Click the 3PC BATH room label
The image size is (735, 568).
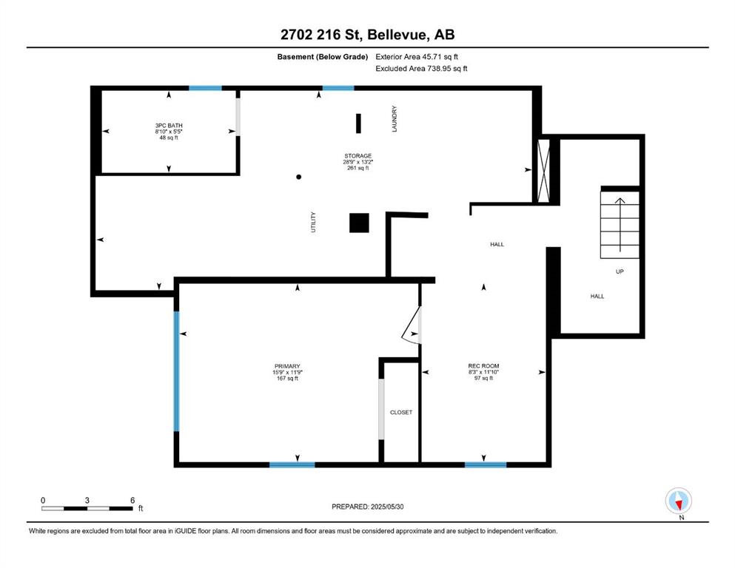point(169,126)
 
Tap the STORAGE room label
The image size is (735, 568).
point(358,156)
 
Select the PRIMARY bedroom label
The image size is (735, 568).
point(287,366)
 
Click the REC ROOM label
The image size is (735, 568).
point(483,365)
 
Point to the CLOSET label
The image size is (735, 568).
point(401,412)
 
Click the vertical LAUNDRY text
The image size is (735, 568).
point(395,118)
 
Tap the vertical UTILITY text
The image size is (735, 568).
point(313,222)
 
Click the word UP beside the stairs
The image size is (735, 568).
point(620,271)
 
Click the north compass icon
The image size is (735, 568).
point(678,501)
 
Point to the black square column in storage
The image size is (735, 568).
point(359,223)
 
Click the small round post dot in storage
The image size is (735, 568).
point(298,177)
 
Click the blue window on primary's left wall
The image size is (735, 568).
point(176,371)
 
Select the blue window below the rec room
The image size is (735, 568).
point(486,464)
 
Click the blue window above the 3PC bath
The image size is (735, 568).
point(205,88)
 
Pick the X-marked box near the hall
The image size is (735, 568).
point(543,170)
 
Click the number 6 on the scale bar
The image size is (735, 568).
point(132,500)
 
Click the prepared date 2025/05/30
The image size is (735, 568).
point(387,507)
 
